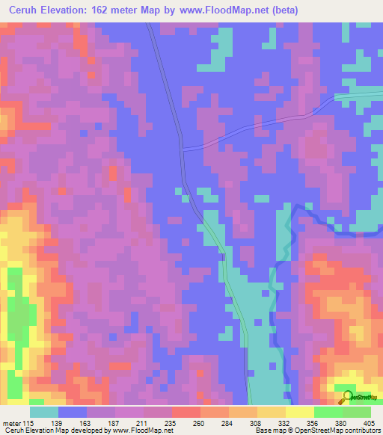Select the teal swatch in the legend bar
[x=44, y=412]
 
